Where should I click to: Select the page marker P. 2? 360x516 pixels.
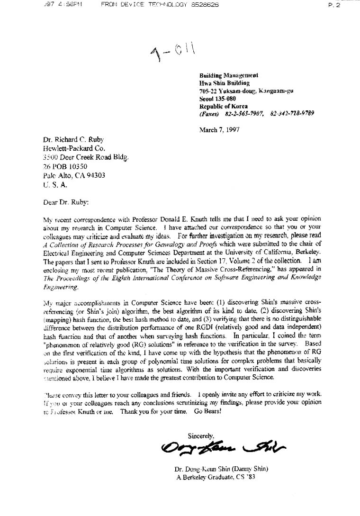click(334, 5)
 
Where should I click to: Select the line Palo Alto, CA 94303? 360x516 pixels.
click(74, 175)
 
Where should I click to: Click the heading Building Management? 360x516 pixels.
click(228, 75)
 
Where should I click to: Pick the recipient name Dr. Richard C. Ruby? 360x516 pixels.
click(73, 139)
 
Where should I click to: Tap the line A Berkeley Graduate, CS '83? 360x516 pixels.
click(216, 477)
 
